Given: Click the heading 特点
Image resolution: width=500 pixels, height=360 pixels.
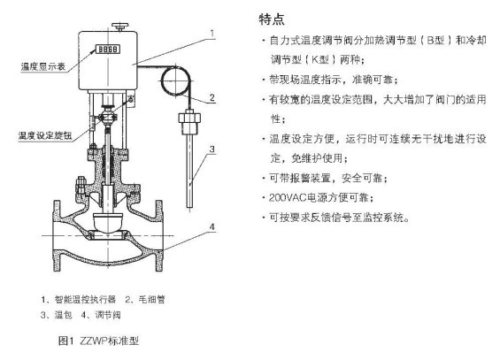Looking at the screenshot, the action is [x=272, y=19].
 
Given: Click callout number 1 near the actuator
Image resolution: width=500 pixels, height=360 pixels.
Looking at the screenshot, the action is [x=212, y=33].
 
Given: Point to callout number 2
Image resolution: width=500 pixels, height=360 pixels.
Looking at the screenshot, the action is [x=212, y=98].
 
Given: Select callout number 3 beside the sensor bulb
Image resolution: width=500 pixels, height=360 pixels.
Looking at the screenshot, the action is [x=212, y=149].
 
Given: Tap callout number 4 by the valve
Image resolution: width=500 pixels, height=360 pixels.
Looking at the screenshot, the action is [x=212, y=226].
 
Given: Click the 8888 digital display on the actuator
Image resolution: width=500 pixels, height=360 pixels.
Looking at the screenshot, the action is [x=109, y=49].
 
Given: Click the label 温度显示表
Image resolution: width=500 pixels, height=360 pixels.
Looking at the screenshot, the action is [x=43, y=66].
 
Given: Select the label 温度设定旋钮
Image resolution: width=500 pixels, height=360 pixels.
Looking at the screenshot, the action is [x=45, y=135].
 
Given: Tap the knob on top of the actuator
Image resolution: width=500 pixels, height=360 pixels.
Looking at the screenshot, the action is [x=119, y=27].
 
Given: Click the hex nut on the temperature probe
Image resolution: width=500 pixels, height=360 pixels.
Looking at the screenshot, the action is [x=189, y=117].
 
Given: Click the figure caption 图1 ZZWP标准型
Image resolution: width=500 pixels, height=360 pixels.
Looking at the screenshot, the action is [x=98, y=341].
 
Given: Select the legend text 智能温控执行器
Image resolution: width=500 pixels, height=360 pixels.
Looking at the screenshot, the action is [x=85, y=300].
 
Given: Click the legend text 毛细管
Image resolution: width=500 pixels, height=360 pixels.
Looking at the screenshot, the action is [x=152, y=300].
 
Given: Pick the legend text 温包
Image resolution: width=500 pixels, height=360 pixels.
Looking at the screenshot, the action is [x=63, y=315].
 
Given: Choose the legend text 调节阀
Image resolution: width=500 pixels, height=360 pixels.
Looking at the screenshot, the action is [x=108, y=315].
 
